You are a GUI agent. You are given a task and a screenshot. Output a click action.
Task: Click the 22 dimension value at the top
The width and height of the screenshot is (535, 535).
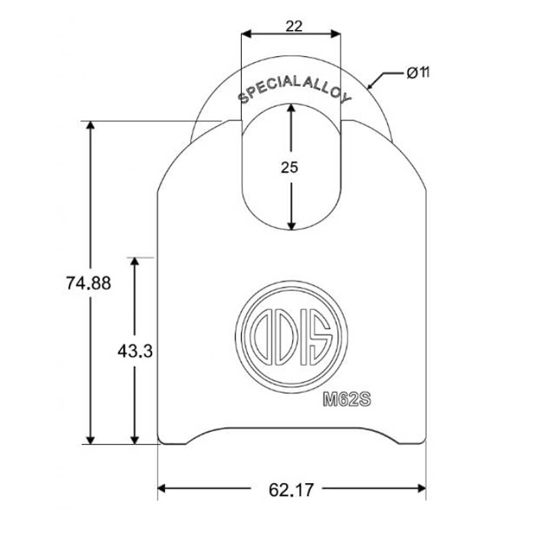pyautogui.click(x=294, y=26)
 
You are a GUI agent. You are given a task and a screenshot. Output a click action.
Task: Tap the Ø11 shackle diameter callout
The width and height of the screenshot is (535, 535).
pyautogui.click(x=418, y=73)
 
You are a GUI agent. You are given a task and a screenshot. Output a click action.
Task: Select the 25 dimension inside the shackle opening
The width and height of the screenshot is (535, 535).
pyautogui.click(x=289, y=167)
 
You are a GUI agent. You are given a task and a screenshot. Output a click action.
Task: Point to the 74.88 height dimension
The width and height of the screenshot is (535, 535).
pyautogui.click(x=88, y=283)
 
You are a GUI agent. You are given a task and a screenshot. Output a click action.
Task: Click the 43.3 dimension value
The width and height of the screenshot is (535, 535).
pyautogui.click(x=135, y=351)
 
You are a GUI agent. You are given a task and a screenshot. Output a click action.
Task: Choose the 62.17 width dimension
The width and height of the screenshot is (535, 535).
pyautogui.click(x=291, y=490)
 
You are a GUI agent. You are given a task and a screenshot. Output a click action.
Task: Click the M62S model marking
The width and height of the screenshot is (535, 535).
pyautogui.click(x=347, y=399)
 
